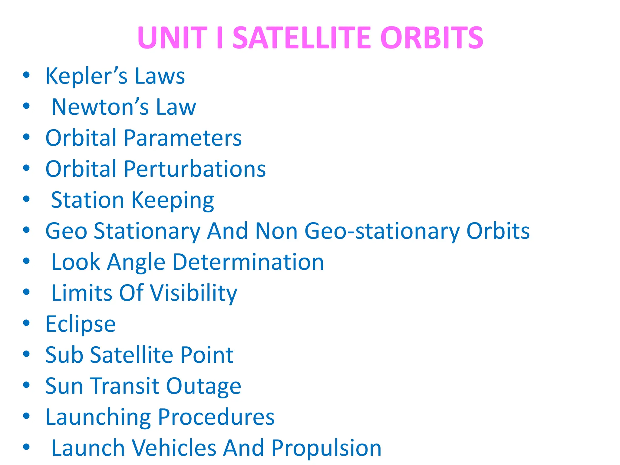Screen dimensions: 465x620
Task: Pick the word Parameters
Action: [x=183, y=138]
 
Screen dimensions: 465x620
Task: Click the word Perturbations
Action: [x=195, y=169]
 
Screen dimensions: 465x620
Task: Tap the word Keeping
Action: [x=173, y=201]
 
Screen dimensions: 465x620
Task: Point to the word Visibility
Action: [x=194, y=293]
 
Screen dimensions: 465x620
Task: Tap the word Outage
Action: [x=204, y=387]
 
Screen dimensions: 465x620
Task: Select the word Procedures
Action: [x=216, y=417]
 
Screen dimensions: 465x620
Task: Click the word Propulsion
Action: [x=326, y=448]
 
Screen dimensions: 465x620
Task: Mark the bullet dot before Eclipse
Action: [x=26, y=323]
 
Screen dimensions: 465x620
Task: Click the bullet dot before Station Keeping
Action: [x=26, y=199]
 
